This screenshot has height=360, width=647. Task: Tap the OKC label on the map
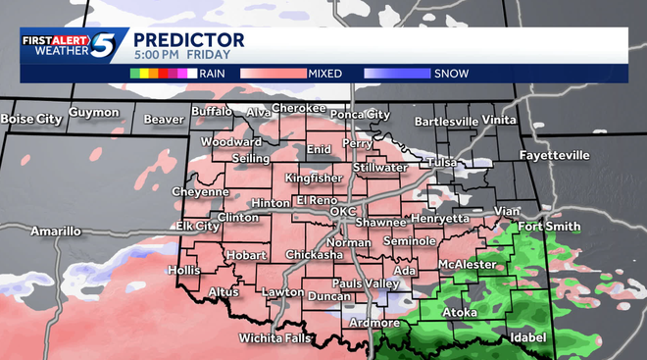(343, 211)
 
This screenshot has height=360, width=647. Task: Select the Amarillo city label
(55, 231)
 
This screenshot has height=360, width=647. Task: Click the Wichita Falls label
(275, 338)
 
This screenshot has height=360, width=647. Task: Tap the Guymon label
(93, 113)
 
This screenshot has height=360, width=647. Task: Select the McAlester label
(466, 264)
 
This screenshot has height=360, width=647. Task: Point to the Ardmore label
(375, 323)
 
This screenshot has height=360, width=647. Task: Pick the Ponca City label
(359, 114)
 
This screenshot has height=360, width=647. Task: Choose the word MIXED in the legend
(326, 73)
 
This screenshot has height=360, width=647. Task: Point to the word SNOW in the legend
(451, 73)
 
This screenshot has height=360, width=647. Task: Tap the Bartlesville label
(446, 122)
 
